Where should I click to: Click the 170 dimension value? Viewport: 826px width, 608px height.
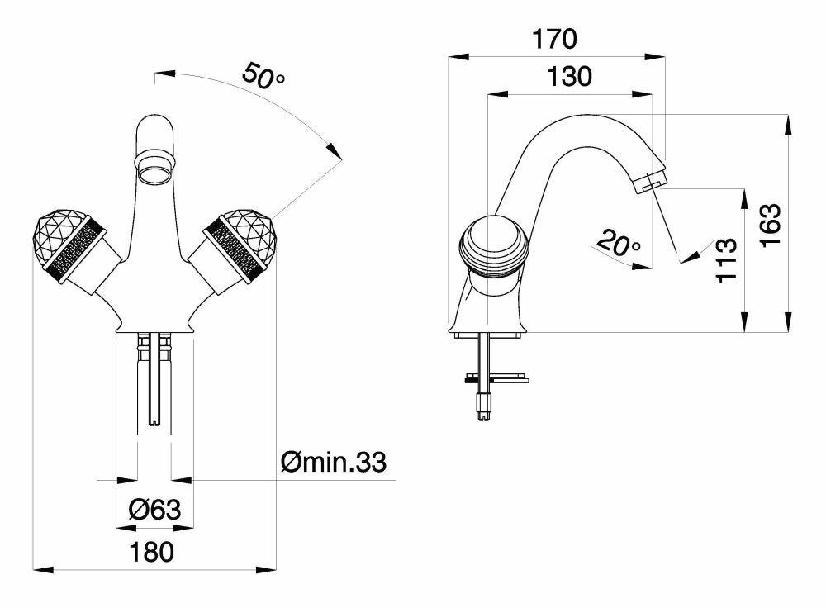click(x=554, y=40)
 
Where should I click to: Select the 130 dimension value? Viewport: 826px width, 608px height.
click(x=569, y=77)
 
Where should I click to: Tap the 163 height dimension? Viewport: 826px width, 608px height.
click(x=771, y=225)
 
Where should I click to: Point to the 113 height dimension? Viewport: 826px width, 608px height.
click(x=727, y=259)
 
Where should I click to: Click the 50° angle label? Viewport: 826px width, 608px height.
click(x=263, y=76)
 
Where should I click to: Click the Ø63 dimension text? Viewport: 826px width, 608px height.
click(x=154, y=510)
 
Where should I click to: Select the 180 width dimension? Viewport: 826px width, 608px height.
click(x=151, y=552)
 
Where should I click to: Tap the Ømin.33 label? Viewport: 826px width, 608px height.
click(x=334, y=462)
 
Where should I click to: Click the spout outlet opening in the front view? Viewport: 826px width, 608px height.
click(x=154, y=173)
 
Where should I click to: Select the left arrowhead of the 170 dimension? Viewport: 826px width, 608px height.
click(x=458, y=57)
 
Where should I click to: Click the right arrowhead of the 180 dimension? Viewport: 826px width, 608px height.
click(x=266, y=569)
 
